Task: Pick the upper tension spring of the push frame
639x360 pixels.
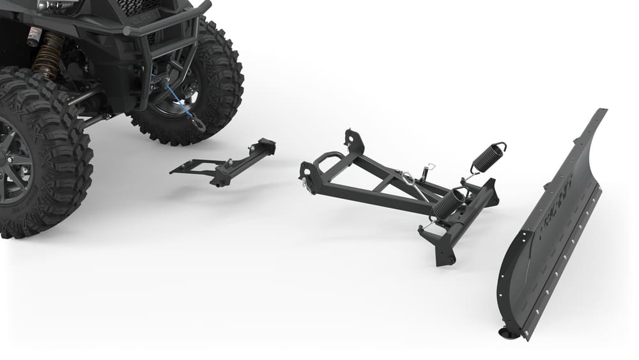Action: [489, 157]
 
